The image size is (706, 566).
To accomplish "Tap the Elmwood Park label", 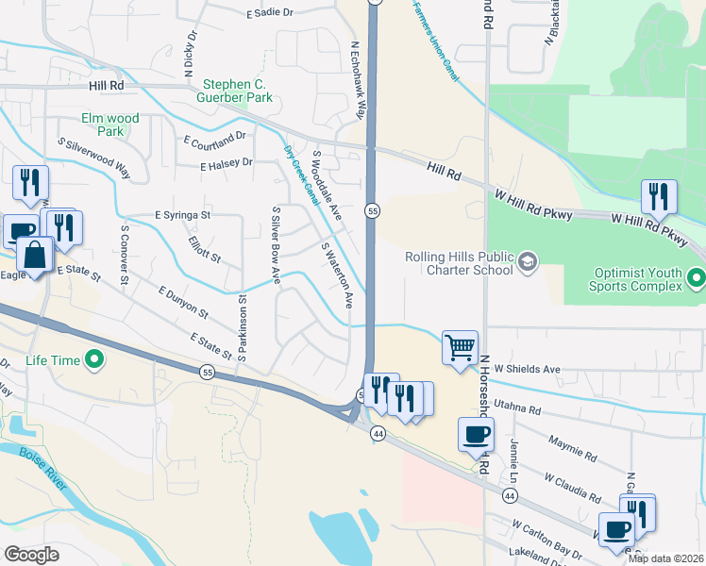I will tap(110, 125).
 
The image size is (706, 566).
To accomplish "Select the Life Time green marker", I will tap(94, 359).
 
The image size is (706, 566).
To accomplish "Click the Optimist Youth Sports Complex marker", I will tap(696, 278).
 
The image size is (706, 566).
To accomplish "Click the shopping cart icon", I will tap(460, 346).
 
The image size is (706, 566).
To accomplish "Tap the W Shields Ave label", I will tap(527, 369).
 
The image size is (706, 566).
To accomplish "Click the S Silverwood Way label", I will tap(93, 158).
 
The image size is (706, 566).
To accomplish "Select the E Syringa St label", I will tap(184, 215).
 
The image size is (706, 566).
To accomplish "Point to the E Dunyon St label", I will tap(183, 302).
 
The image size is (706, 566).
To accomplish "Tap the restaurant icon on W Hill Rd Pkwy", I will tap(658, 196).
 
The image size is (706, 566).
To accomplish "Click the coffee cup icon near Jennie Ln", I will tap(476, 434).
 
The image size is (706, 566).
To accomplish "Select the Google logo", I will tap(31, 554).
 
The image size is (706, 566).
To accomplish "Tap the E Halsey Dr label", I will tap(227, 163).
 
